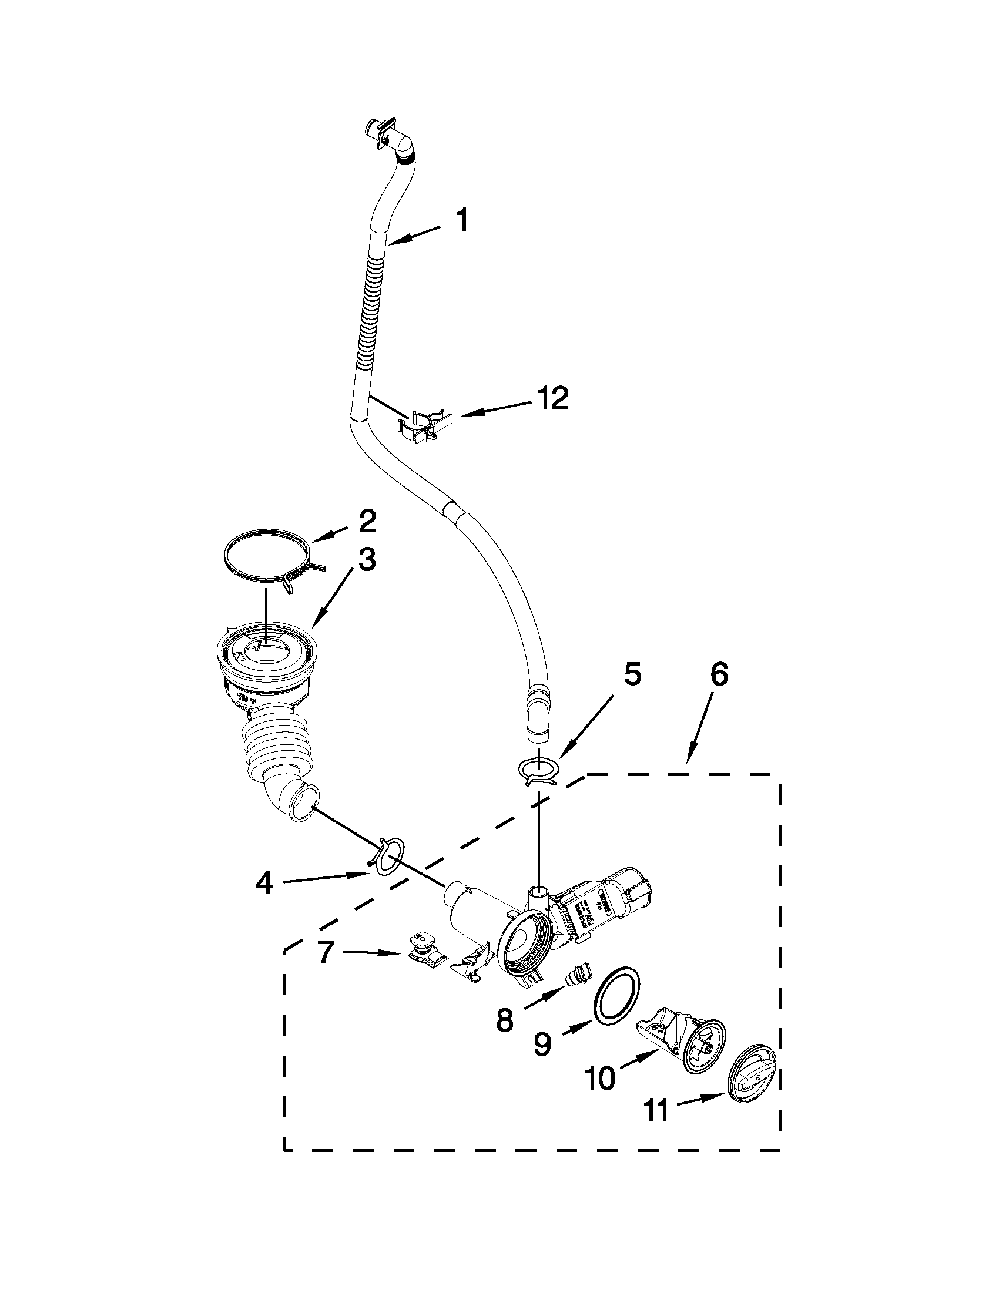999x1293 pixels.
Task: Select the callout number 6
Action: coord(719,676)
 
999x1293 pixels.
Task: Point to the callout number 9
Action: coord(542,1043)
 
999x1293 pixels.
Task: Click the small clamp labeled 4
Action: coord(387,857)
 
